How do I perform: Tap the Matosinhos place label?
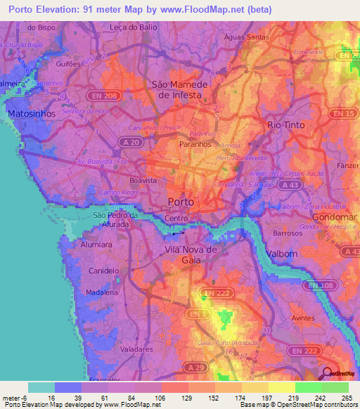(x=27, y=112)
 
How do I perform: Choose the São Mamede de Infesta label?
(x=180, y=89)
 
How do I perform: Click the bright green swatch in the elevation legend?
(x=308, y=387)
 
